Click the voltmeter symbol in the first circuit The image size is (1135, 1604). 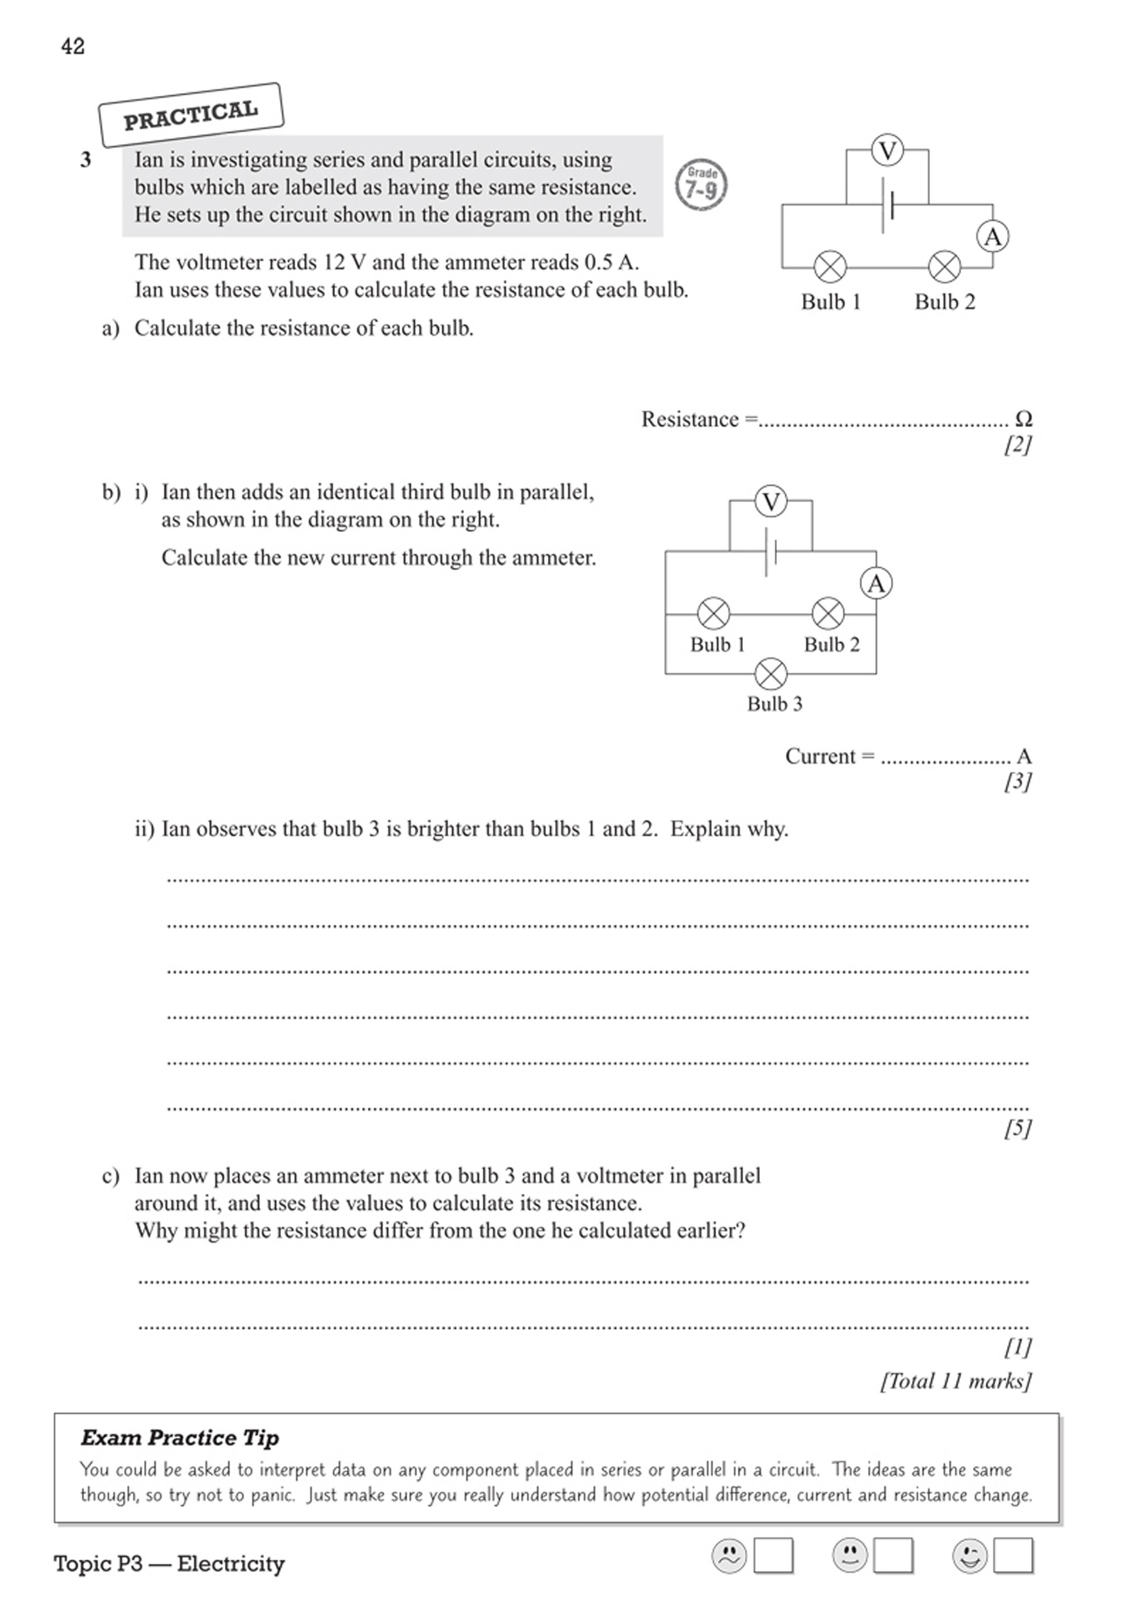(888, 150)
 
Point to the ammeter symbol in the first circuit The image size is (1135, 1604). (993, 237)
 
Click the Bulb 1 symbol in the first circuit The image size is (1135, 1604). (830, 266)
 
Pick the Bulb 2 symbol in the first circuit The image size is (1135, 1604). (944, 266)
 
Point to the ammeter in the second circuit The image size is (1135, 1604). (876, 583)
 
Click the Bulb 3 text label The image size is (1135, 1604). (775, 704)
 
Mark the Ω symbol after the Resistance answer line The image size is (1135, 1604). (1023, 419)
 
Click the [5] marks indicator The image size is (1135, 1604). (1017, 1128)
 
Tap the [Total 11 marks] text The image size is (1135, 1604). (955, 1380)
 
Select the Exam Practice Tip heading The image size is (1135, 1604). (180, 1438)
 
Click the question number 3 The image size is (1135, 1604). (85, 160)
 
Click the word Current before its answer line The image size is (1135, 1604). (821, 756)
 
